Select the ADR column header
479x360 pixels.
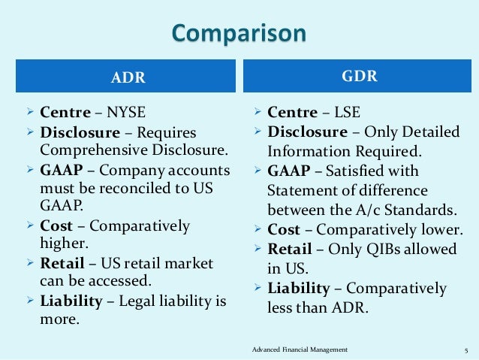point(128,77)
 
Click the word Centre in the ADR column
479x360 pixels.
point(65,113)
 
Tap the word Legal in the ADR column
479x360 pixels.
point(137,301)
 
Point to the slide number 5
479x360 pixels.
point(465,349)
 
